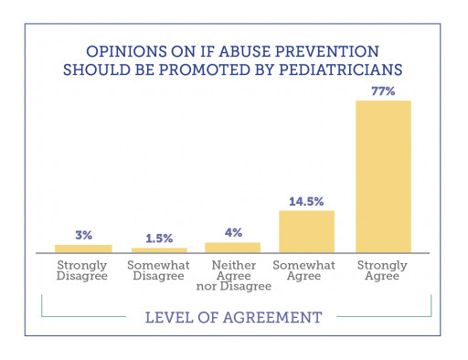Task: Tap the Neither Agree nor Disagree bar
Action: (232, 247)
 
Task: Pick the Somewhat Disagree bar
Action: (159, 249)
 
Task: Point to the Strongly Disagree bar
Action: (83, 248)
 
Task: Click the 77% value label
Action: (383, 90)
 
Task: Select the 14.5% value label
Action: (306, 201)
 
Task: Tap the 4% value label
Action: (232, 232)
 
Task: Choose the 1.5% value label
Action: (159, 238)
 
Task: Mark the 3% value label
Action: (83, 235)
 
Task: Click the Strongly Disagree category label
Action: (83, 270)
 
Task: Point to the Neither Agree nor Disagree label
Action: (232, 276)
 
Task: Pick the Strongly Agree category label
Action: (383, 270)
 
